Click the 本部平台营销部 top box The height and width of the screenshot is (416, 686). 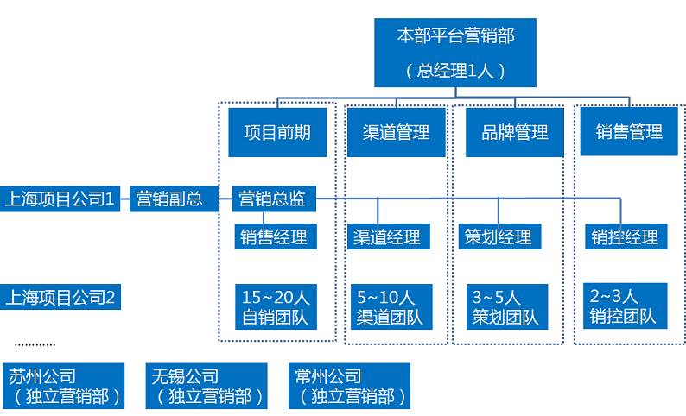pyautogui.click(x=455, y=52)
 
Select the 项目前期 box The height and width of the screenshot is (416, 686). pyautogui.click(x=277, y=132)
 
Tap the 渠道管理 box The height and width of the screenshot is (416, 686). pyautogui.click(x=397, y=132)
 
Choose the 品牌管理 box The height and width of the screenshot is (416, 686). pyautogui.click(x=514, y=132)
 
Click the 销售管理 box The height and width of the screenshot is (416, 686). pyautogui.click(x=629, y=132)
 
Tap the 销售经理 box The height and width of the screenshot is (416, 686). pyautogui.click(x=273, y=236)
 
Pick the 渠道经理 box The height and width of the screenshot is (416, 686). pyautogui.click(x=387, y=236)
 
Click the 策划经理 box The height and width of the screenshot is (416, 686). pyautogui.click(x=499, y=236)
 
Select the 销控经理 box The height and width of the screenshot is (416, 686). pyautogui.click(x=626, y=236)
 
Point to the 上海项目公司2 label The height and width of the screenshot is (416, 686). pyautogui.click(x=60, y=298)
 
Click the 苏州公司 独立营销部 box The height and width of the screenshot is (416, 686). pyautogui.click(x=66, y=386)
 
